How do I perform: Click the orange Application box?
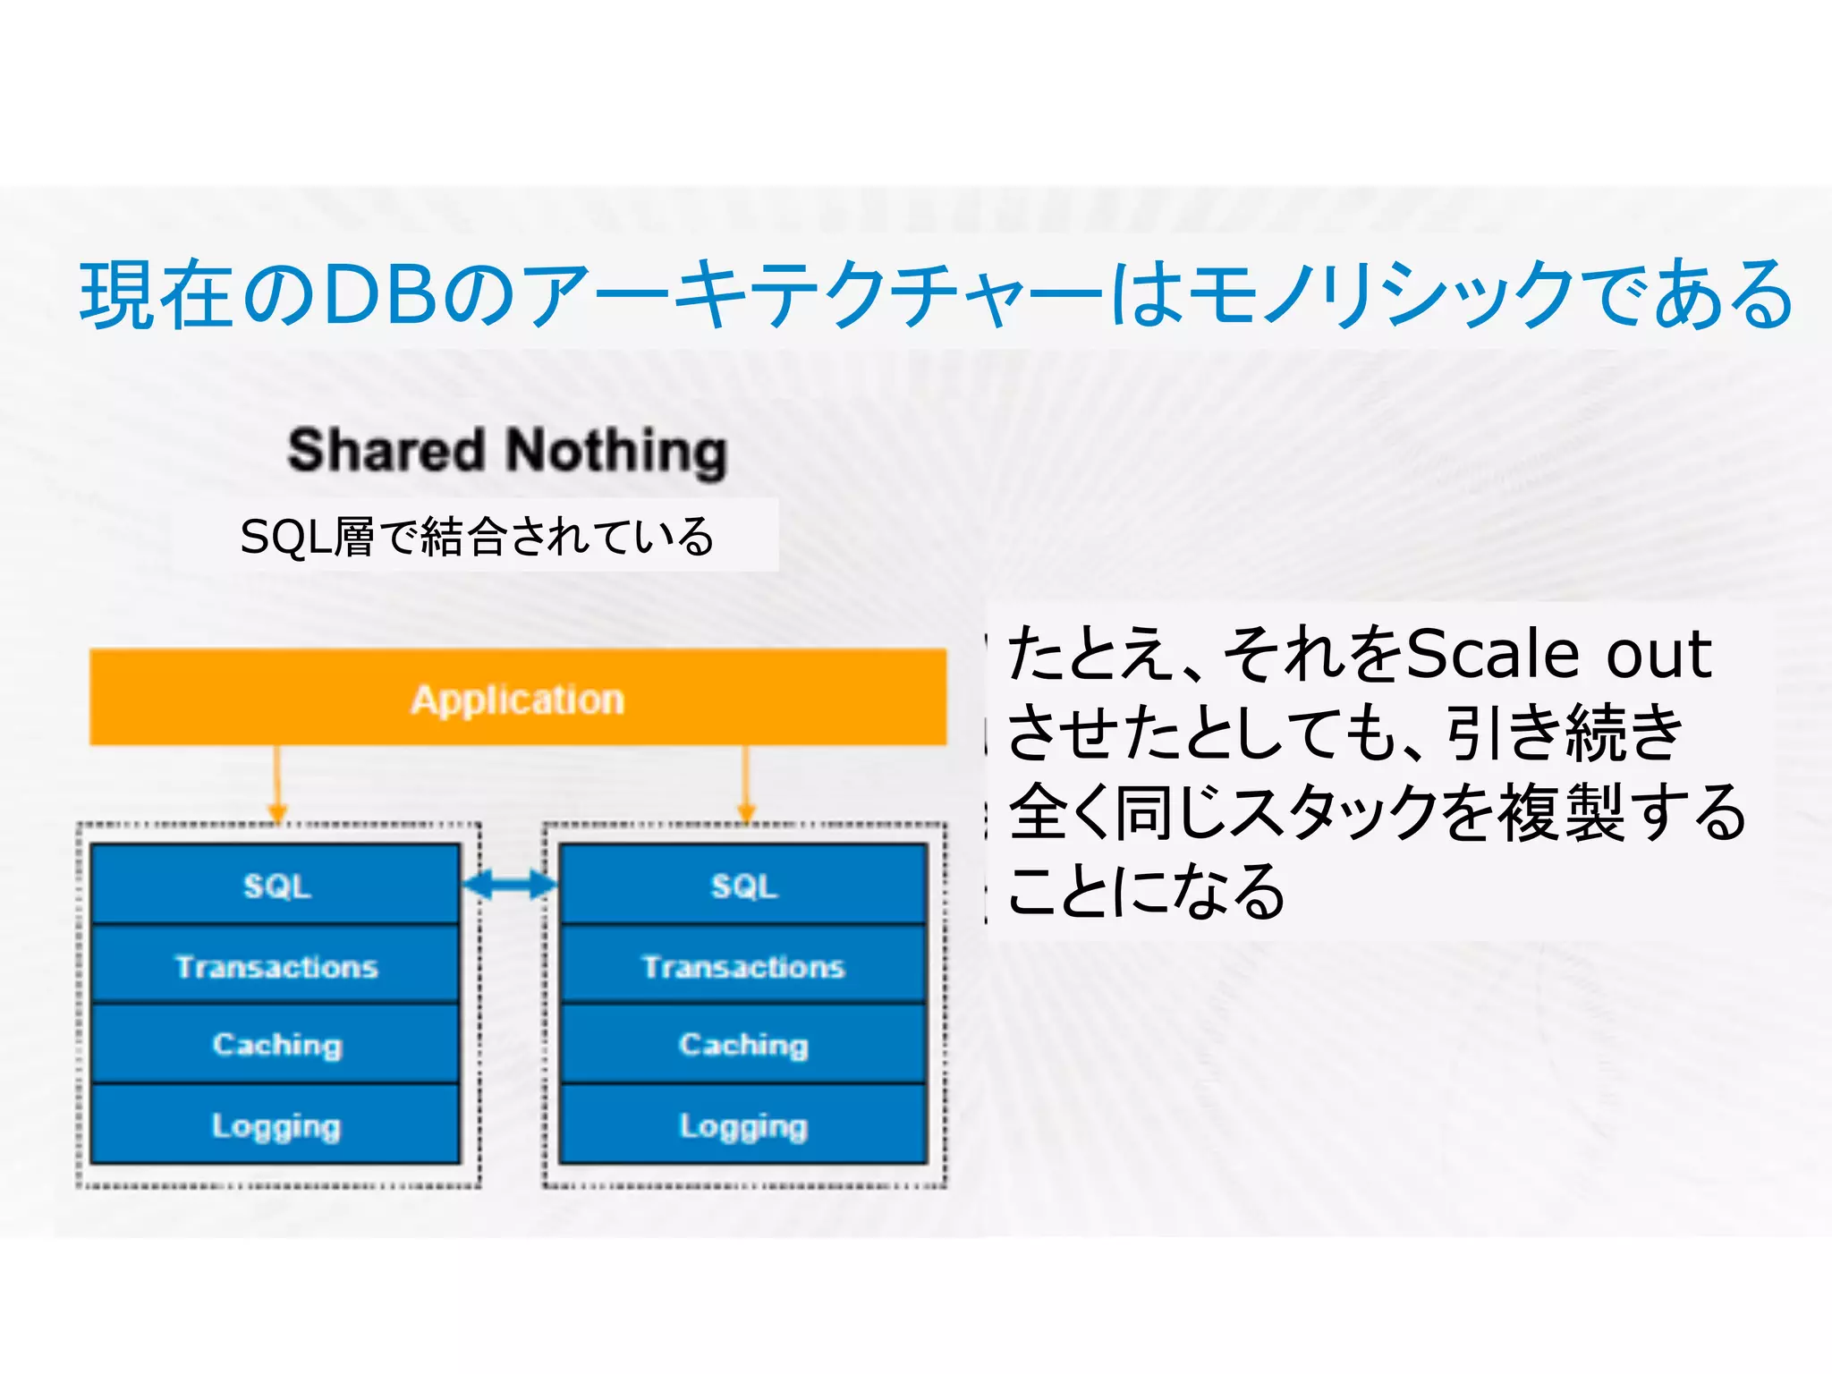click(x=518, y=698)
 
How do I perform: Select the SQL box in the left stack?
click(x=276, y=885)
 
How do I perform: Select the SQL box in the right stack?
click(x=743, y=885)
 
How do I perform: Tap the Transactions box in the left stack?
click(x=276, y=965)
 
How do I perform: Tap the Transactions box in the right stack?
click(x=743, y=965)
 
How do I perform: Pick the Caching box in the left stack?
click(x=276, y=1044)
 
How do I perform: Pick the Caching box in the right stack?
click(x=743, y=1044)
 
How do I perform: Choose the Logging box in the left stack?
click(x=276, y=1124)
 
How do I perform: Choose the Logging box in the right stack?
click(x=743, y=1124)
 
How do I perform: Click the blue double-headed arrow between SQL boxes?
click(x=510, y=885)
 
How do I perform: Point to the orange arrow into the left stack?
click(x=277, y=783)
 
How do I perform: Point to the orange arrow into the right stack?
click(x=746, y=783)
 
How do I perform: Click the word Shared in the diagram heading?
click(x=386, y=450)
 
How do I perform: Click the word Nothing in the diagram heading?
click(x=617, y=452)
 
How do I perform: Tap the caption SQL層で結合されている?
click(x=476, y=537)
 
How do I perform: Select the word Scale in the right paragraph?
click(x=1493, y=654)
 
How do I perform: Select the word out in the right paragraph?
click(x=1658, y=654)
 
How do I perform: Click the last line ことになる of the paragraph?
click(x=1146, y=891)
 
